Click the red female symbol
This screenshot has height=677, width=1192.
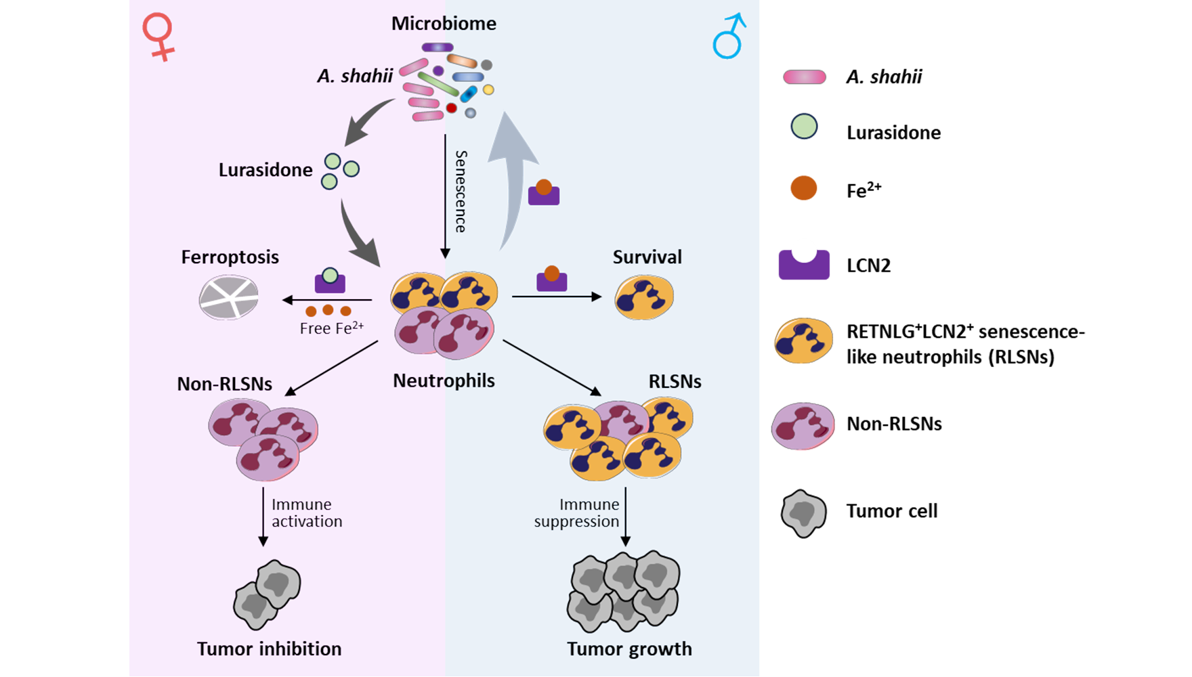(158, 37)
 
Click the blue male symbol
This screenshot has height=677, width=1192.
(729, 37)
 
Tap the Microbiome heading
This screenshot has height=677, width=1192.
(444, 24)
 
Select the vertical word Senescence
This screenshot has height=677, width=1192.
(461, 192)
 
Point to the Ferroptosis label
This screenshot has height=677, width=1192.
(230, 257)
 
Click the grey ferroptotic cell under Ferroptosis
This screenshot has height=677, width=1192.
(229, 297)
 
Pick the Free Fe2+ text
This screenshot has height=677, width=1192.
(331, 328)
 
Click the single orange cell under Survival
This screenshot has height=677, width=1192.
(643, 297)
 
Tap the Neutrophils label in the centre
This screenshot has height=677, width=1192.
(444, 380)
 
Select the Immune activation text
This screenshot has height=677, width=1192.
(306, 513)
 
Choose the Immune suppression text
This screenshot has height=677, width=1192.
(577, 513)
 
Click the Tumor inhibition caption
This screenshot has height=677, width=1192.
(269, 649)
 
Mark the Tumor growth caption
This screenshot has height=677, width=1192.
(629, 649)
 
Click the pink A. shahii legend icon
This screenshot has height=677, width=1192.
(805, 77)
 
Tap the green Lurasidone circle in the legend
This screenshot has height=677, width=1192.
(804, 127)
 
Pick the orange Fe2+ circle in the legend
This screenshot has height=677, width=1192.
(804, 188)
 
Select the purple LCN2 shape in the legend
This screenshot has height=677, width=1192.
(804, 265)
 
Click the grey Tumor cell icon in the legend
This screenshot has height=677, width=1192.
(804, 513)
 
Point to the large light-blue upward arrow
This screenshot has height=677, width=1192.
(512, 176)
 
